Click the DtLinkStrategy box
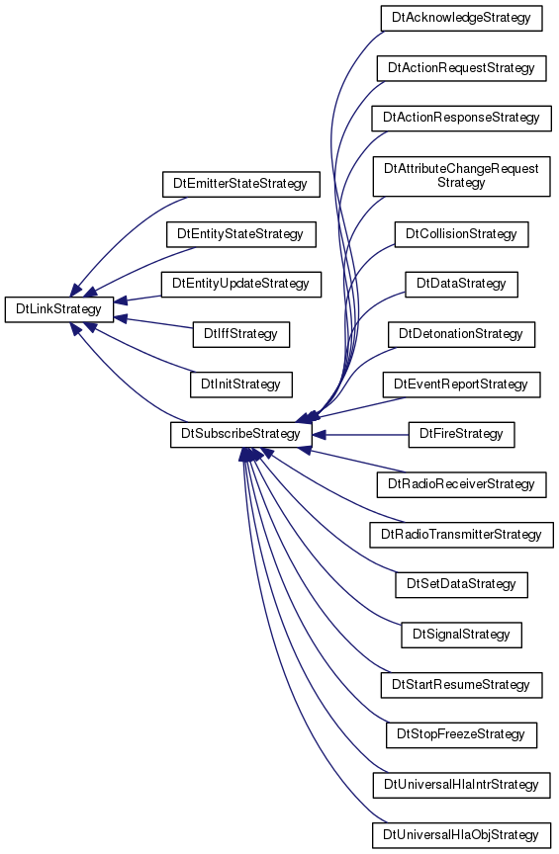[59, 309]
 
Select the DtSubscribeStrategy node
[241, 434]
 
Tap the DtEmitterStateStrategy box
[241, 184]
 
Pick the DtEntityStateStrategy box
[241, 234]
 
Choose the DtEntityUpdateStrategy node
[241, 285]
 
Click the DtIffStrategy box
[241, 334]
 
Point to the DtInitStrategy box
[241, 384]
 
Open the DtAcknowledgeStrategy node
[461, 18]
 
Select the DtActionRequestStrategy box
[461, 68]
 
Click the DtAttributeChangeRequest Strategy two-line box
[461, 176]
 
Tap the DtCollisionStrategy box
[461, 234]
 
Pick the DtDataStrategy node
[461, 285]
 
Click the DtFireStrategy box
[461, 435]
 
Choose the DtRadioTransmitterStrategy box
[461, 535]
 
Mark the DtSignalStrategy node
[461, 635]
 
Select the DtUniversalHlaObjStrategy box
[461, 835]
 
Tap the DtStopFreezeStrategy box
[461, 735]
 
